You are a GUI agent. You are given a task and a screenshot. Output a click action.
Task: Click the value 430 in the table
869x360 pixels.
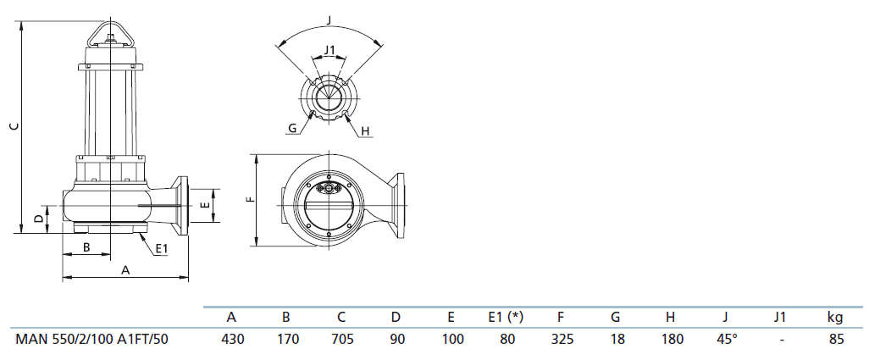233,339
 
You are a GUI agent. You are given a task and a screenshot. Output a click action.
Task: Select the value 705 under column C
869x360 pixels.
342,339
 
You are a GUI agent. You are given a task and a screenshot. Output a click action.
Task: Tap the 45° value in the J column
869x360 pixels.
727,339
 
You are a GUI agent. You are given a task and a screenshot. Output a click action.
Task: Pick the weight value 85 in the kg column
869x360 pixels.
836,339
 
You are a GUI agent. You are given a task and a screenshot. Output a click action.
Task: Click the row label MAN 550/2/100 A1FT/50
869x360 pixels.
91,339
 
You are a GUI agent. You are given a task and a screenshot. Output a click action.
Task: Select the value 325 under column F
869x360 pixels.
562,339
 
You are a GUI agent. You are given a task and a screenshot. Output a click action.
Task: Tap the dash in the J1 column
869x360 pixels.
781,339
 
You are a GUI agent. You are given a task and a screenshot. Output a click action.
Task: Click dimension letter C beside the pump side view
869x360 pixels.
15,125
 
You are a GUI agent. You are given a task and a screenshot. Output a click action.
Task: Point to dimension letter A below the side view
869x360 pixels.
125,269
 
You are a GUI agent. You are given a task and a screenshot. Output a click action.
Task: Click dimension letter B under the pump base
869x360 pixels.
86,247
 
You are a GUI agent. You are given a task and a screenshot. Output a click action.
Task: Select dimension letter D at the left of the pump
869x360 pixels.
38,219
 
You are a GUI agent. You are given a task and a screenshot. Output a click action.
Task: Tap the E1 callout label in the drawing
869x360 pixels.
161,249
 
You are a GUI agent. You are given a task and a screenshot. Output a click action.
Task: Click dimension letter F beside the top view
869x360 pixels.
251,199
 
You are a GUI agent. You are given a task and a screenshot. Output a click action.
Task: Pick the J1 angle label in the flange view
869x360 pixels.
329,50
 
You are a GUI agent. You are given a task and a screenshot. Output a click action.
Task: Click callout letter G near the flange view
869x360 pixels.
292,130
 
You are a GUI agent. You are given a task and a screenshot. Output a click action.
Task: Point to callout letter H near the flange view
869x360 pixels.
365,130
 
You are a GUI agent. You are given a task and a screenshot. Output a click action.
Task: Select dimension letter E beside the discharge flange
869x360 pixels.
205,205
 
